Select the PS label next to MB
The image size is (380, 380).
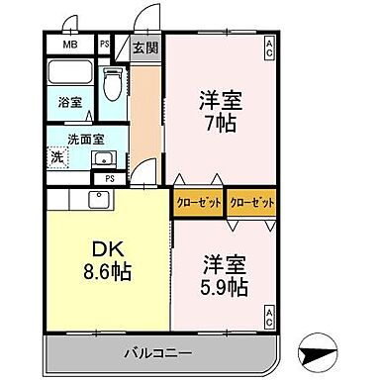[104, 45]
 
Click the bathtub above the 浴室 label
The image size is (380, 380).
[70, 72]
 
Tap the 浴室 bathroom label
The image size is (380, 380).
[68, 101]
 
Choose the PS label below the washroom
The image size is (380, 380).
[109, 178]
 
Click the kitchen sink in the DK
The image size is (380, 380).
[99, 200]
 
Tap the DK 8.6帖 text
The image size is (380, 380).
[107, 259]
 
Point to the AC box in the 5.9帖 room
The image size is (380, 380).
[269, 317]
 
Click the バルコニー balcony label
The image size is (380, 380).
[158, 351]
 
